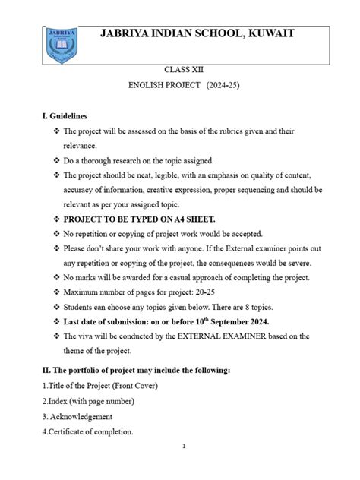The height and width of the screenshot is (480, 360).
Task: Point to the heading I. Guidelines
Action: pyautogui.click(x=65, y=116)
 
